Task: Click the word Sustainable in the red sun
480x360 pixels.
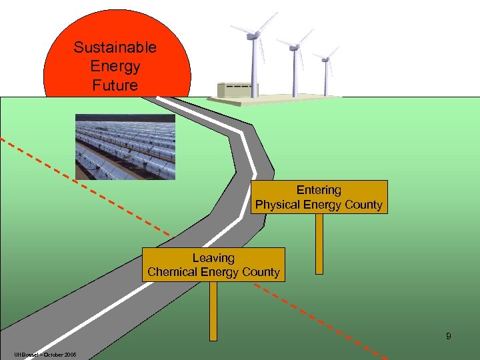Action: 115,47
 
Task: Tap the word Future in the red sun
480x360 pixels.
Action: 115,85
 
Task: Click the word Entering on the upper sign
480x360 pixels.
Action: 319,190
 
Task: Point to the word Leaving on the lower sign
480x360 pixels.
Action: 213,257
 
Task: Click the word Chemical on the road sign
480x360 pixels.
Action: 171,272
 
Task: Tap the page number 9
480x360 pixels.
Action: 449,336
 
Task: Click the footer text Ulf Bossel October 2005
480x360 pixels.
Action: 44,354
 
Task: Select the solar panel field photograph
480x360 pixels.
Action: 125,146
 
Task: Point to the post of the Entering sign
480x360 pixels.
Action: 319,243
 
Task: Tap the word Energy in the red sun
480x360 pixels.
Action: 115,67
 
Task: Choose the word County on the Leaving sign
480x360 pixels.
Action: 261,272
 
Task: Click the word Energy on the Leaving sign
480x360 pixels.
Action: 219,272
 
